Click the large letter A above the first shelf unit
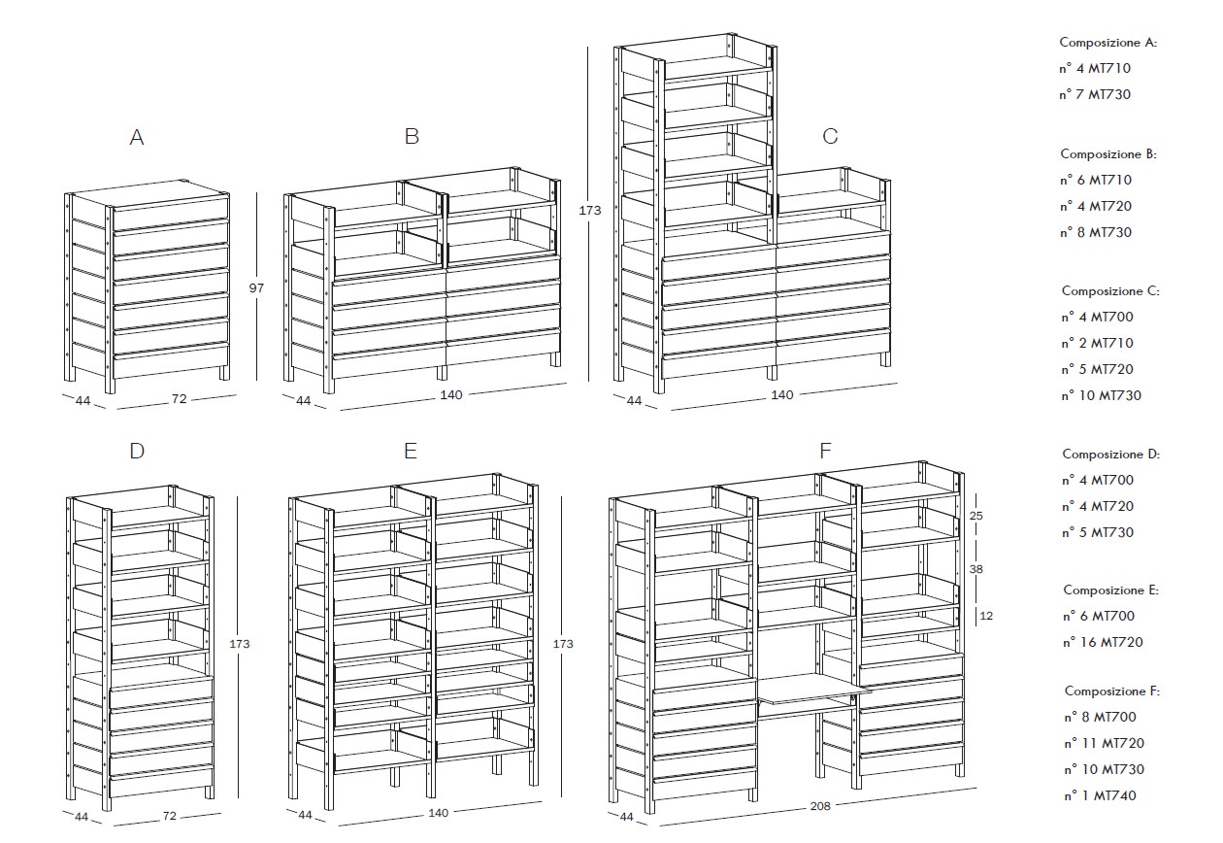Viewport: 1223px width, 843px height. point(137,137)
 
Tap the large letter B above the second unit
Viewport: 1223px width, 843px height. point(413,136)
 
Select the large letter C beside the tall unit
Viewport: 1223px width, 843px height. point(830,136)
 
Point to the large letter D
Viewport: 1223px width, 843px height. point(137,451)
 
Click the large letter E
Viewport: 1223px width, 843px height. point(411,451)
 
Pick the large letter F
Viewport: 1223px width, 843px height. point(825,451)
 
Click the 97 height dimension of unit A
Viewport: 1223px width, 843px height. point(256,287)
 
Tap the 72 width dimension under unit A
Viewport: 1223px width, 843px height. point(179,399)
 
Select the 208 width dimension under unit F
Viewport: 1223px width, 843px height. point(820,806)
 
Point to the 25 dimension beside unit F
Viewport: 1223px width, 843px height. point(975,515)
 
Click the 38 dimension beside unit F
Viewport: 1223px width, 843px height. point(975,569)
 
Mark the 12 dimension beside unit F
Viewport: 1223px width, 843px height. point(986,616)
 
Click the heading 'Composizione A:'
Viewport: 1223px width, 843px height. point(1107,42)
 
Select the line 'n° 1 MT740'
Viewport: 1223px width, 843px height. point(1100,795)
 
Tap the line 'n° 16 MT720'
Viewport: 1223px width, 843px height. point(1103,642)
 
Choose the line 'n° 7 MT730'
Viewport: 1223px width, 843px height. point(1095,94)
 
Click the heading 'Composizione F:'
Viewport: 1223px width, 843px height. point(1112,691)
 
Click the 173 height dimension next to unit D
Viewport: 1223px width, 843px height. point(239,644)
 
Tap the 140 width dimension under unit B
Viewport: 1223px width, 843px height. point(451,394)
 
